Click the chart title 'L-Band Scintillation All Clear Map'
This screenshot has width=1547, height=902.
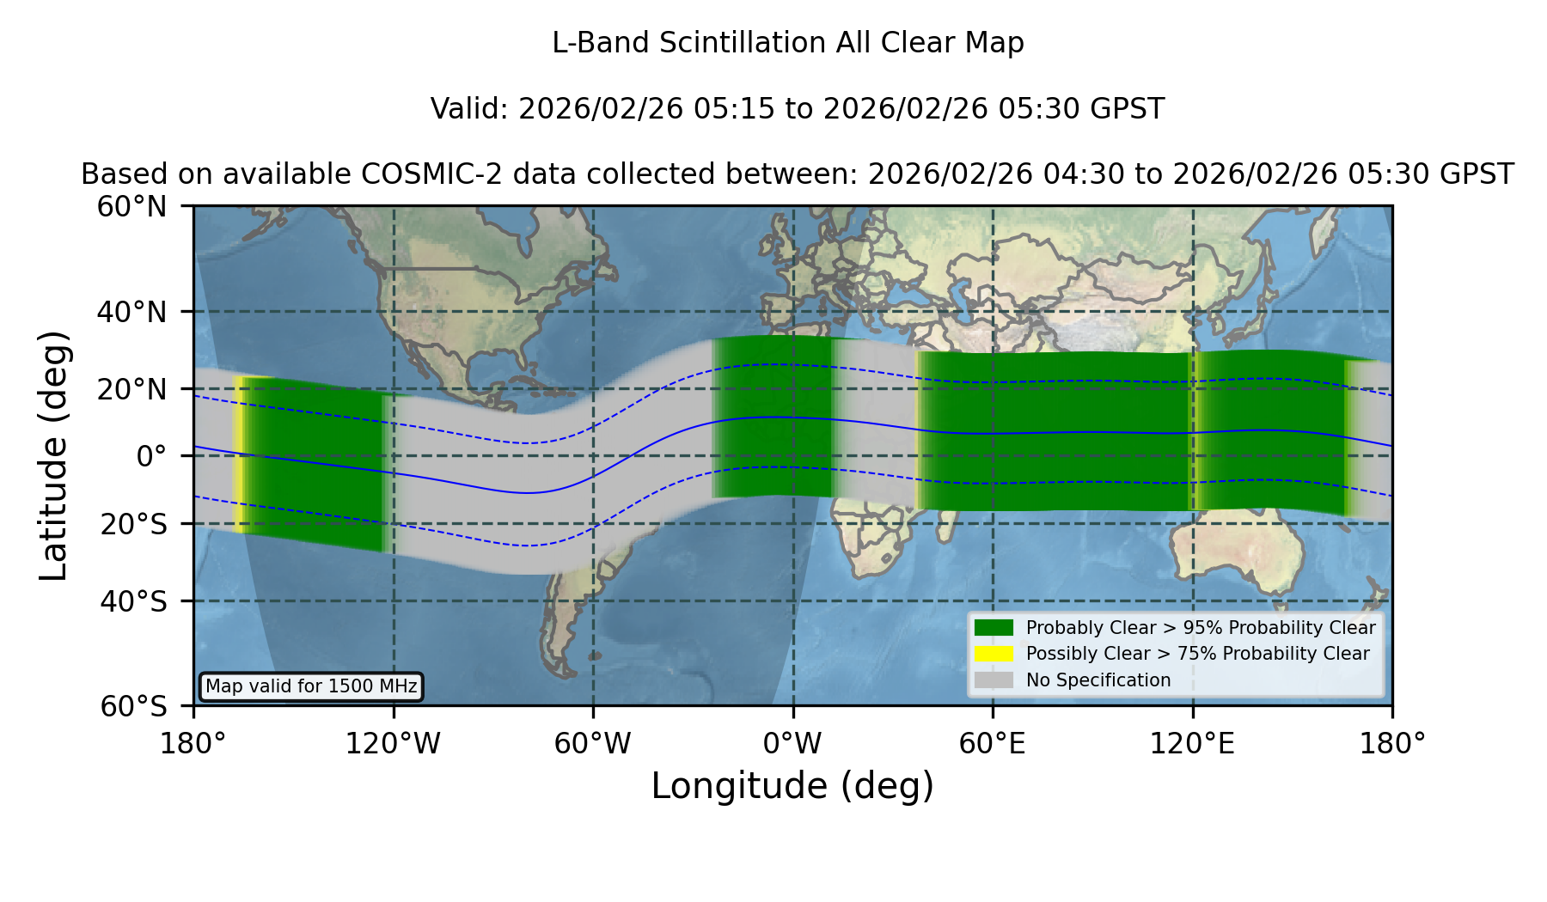pos(787,43)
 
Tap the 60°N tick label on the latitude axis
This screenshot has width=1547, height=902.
pos(132,207)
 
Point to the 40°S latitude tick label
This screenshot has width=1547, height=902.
pos(134,601)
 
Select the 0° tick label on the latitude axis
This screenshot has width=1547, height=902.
pos(152,456)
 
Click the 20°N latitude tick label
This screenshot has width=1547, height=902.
pos(132,390)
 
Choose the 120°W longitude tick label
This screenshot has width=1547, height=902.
pos(393,743)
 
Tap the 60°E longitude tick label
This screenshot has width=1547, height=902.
pos(993,743)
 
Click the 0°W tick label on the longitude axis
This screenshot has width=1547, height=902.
pos(792,743)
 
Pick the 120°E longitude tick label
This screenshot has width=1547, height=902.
pos(1192,743)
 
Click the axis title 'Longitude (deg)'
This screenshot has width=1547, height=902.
pos(792,786)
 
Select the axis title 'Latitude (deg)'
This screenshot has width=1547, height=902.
pos(54,455)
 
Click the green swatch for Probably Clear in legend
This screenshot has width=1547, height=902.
pos(994,627)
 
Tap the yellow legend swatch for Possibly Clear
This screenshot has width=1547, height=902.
pos(994,654)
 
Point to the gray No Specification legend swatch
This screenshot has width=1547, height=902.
pos(994,680)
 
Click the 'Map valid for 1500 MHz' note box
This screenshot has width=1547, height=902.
pos(311,686)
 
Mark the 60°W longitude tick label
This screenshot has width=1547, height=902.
pos(593,743)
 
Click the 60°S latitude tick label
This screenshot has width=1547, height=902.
pos(134,707)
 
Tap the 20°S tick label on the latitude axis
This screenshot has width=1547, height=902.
pos(134,524)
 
